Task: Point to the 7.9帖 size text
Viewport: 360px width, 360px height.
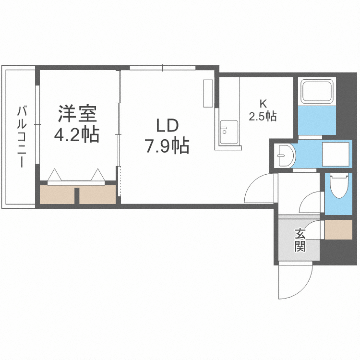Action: pyautogui.click(x=167, y=145)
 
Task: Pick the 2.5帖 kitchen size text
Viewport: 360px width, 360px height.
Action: pyautogui.click(x=262, y=116)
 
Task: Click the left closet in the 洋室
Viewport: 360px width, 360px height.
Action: pyautogui.click(x=57, y=195)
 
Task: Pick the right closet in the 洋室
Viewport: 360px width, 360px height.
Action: pyautogui.click(x=98, y=195)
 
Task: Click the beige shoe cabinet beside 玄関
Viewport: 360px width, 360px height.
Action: pyautogui.click(x=339, y=229)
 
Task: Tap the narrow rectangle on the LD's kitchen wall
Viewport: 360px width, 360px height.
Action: pyautogui.click(x=208, y=93)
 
